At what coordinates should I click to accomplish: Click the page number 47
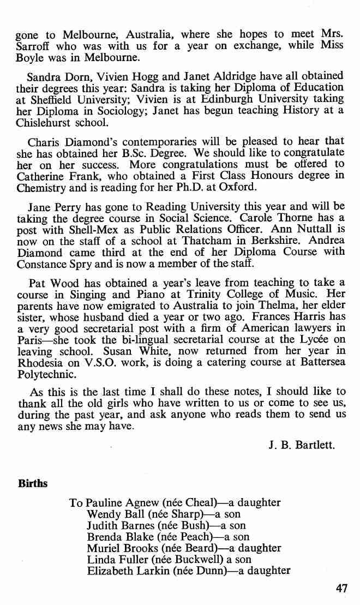pos(342,589)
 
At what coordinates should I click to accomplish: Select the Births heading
pos(33,484)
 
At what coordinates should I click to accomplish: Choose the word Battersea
pos(321,353)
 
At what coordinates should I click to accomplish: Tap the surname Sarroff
pos(34,45)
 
